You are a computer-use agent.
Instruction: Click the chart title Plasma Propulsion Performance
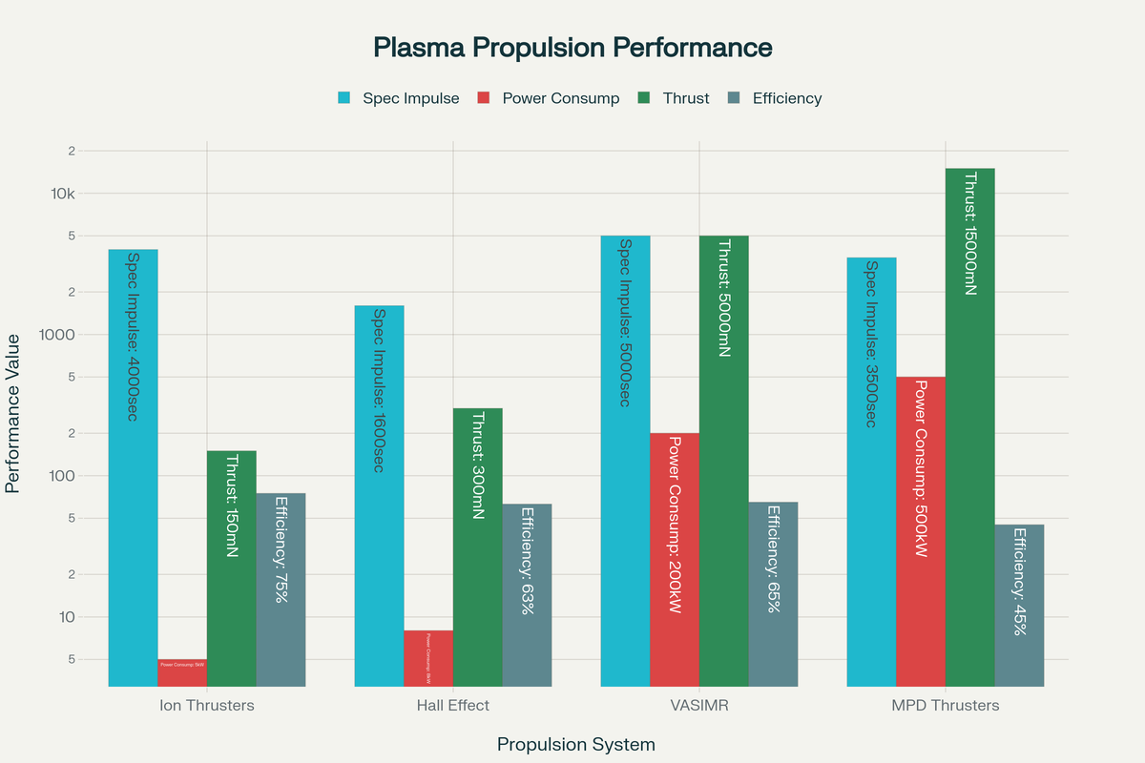(x=572, y=48)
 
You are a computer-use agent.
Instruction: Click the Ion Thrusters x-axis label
(x=206, y=706)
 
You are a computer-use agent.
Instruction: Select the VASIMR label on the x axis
(x=698, y=706)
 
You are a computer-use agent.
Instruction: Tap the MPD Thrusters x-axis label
(x=945, y=706)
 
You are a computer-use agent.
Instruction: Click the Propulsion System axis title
(x=576, y=744)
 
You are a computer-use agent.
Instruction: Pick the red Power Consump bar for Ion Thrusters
(x=181, y=671)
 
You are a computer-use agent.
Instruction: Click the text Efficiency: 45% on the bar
(x=1019, y=581)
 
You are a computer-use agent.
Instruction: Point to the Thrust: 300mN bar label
(x=478, y=464)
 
